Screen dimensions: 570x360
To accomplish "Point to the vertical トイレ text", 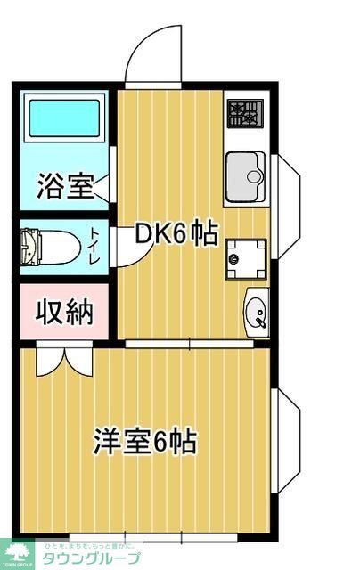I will click(94, 245).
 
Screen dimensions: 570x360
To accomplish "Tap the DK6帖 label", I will click(176, 234).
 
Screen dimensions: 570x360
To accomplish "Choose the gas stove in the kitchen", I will click(246, 112).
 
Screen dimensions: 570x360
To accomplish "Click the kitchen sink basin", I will click(246, 175).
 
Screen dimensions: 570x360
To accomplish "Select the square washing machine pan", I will click(245, 258).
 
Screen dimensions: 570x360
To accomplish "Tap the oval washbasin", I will click(257, 313).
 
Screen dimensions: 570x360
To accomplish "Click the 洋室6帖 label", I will click(146, 441).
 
